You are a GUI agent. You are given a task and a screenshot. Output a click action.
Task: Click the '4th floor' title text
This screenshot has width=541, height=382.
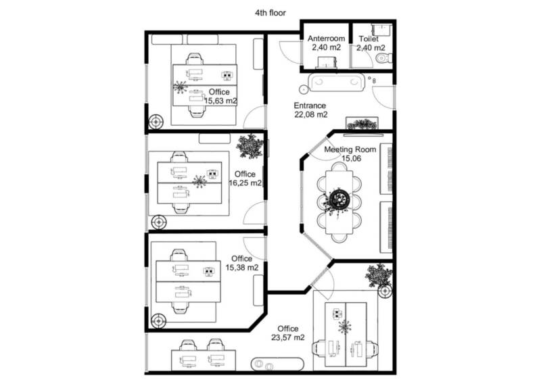point(270,13)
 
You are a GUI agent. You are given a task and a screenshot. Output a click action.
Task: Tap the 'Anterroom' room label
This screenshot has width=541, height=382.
point(326,39)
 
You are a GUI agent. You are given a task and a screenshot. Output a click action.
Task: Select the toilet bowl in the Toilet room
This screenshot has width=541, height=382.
point(383,58)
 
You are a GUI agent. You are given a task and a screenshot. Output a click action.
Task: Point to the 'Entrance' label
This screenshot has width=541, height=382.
point(310,105)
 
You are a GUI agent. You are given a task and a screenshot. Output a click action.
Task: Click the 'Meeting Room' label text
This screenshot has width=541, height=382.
point(350,149)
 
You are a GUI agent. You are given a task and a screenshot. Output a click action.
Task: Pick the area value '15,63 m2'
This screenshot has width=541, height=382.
point(220,101)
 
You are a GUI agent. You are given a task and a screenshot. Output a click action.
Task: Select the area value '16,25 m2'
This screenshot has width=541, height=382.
point(245,183)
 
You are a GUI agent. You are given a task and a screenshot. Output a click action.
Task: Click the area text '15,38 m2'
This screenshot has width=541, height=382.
point(242,268)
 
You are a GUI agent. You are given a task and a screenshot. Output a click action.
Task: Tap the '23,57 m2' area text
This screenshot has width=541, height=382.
point(288,337)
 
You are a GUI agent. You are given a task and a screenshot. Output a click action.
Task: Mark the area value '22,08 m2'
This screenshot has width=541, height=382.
point(311,114)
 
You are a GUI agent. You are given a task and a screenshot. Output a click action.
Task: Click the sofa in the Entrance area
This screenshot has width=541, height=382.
point(336,82)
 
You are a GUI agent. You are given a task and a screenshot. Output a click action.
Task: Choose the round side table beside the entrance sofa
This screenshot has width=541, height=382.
point(303,89)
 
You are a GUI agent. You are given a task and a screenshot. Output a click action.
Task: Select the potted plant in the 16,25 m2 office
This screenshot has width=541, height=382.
point(250,145)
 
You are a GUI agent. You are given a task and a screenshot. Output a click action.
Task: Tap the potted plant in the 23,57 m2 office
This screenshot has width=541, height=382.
point(379,275)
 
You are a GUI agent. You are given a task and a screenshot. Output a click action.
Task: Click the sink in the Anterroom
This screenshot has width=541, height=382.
point(327,63)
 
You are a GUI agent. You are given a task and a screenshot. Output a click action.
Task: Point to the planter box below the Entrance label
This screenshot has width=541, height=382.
point(362,124)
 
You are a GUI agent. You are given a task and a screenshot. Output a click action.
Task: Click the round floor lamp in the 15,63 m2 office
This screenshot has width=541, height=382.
point(156,122)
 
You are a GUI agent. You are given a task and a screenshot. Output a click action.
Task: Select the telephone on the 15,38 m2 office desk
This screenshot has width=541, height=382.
point(208,271)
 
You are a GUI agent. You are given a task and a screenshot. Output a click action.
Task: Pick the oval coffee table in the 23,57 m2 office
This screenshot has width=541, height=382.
point(277,364)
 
